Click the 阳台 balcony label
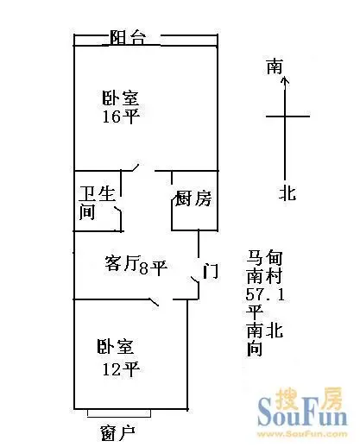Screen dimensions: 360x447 tap(128, 37)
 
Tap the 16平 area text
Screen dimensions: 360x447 tap(121, 116)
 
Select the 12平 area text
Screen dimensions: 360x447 tap(121, 369)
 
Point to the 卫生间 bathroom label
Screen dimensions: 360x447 tap(97, 203)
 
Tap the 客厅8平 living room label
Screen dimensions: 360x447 tap(136, 265)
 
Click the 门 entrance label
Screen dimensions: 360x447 tap(211, 271)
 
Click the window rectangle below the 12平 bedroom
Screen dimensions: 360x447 tap(119, 413)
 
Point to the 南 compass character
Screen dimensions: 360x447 tap(275, 66)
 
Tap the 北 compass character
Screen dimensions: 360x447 tap(287, 192)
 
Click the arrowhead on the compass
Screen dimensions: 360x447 tap(285, 80)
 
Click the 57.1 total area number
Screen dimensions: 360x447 tap(265, 294)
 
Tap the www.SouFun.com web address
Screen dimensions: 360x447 tap(302, 434)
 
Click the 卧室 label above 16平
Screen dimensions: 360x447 tap(121, 98)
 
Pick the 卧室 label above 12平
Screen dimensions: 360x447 tap(115, 347)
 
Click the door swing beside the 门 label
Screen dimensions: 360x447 tap(196, 287)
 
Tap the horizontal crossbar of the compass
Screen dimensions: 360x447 tap(287, 116)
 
